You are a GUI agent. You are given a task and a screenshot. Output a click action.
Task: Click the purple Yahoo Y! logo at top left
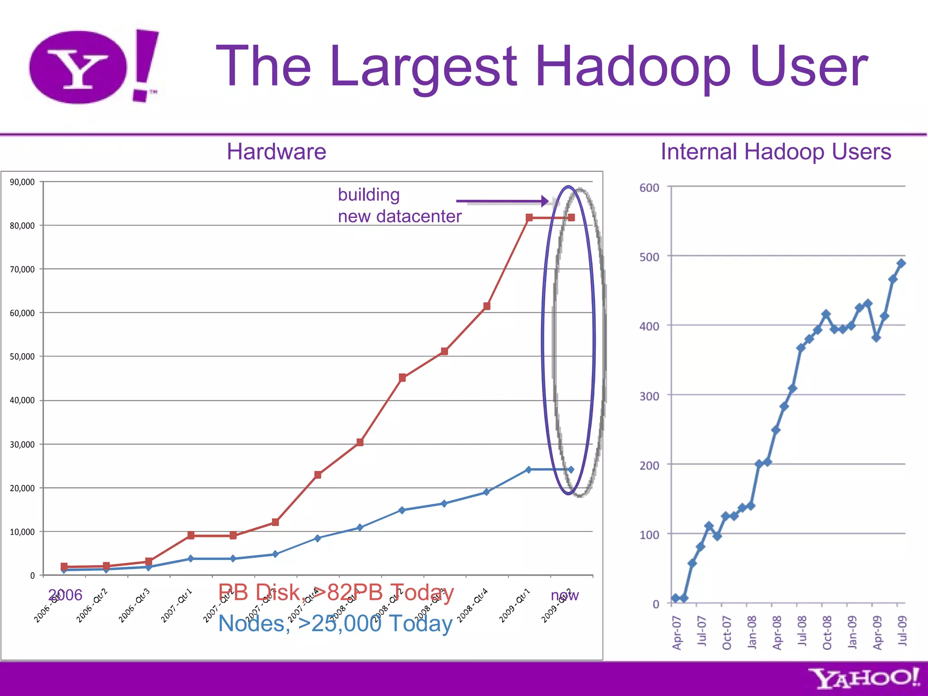coord(93,67)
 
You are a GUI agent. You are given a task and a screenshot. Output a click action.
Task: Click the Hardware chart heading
coord(276,151)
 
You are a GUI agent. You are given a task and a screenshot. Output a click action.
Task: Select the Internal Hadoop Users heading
coord(776,151)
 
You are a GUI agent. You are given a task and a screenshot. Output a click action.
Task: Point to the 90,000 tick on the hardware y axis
coord(22,182)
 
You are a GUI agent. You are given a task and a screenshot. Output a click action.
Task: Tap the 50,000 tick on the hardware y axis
coord(22,357)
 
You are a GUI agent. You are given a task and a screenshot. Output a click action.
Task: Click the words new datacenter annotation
coord(400,217)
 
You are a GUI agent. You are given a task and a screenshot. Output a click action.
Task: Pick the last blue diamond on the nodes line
coord(570,470)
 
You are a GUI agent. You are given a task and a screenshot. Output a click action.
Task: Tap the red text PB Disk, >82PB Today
coord(336,592)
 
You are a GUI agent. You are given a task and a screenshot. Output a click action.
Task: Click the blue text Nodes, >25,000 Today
coord(335,623)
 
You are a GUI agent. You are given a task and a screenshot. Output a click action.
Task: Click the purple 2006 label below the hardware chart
coord(65,595)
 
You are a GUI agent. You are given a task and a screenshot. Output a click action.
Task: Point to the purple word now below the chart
coord(565,595)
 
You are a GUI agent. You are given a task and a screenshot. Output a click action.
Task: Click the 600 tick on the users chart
coord(649,188)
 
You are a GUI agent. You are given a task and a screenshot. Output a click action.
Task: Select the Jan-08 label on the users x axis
coord(752,632)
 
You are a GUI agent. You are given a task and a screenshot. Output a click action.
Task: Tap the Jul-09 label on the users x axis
coord(902,631)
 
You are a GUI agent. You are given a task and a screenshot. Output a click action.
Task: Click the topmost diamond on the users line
coord(901,263)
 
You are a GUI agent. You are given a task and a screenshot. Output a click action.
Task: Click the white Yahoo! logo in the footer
coord(864,678)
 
